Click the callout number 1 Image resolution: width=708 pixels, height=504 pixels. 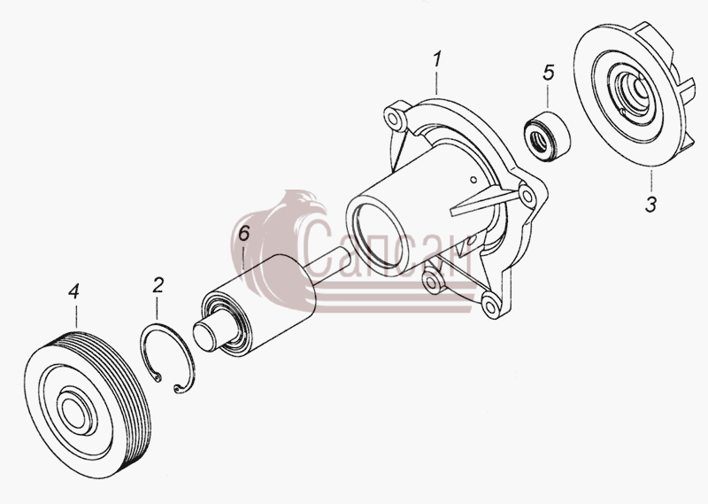click(436, 60)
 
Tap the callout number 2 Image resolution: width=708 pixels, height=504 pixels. click(158, 285)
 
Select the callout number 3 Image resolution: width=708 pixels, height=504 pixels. click(650, 205)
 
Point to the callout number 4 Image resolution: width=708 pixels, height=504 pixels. click(74, 291)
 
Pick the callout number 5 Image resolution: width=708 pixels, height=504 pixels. click(548, 73)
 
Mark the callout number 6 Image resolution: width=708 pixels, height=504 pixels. click(243, 234)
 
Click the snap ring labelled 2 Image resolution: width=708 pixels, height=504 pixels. click(167, 360)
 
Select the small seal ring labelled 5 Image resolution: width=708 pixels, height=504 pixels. click(546, 136)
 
